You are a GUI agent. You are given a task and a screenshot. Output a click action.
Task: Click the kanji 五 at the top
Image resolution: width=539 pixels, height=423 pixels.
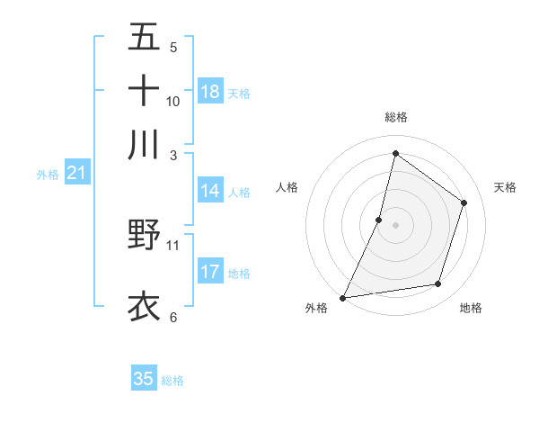click(x=144, y=38)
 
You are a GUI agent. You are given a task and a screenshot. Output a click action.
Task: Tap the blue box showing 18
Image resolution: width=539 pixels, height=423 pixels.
click(x=210, y=92)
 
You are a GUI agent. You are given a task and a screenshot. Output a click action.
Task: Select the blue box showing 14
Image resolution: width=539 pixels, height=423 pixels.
click(x=210, y=191)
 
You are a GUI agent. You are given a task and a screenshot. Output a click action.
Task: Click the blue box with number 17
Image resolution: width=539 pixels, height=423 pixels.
click(x=210, y=272)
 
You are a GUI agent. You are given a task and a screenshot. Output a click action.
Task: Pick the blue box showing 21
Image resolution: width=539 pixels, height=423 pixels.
click(x=76, y=174)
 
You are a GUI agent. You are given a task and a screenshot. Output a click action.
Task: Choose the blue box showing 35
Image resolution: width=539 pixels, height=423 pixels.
click(x=144, y=379)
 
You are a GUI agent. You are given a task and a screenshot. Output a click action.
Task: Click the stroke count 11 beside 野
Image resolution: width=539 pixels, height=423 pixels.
click(x=172, y=244)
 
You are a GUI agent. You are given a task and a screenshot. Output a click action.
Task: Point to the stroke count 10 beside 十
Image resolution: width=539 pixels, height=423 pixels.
click(x=172, y=101)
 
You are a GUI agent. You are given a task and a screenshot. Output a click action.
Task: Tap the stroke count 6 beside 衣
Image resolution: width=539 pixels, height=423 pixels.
click(x=172, y=317)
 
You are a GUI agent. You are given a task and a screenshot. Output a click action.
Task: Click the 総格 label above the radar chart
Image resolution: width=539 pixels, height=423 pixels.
click(x=396, y=117)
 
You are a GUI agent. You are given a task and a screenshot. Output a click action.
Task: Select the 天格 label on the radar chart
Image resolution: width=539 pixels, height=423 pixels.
click(x=506, y=187)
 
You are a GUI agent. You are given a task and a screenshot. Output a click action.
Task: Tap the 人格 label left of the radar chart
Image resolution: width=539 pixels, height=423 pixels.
click(x=287, y=187)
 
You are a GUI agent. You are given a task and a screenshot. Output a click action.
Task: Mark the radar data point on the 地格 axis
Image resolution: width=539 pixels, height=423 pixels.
click(x=438, y=284)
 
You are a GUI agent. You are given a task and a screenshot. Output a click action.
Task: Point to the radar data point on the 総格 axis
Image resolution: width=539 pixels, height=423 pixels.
click(x=395, y=153)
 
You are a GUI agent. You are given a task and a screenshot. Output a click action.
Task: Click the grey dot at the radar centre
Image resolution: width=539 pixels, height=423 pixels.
click(x=396, y=224)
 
